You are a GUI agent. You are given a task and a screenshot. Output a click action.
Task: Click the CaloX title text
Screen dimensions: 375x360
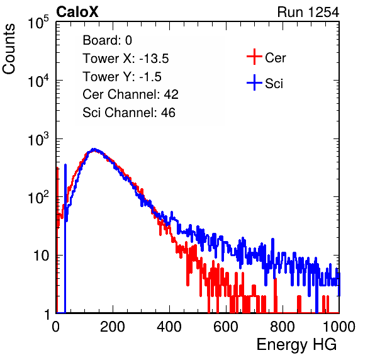pos(77,12)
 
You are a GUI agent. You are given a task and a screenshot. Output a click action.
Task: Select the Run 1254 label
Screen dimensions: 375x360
pos(308,12)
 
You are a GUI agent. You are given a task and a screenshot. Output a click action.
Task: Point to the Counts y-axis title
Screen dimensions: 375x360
pos(9,49)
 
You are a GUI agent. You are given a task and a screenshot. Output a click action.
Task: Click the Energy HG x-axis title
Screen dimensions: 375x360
pos(296,344)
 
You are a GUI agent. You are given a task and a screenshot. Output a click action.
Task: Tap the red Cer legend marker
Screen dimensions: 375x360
pos(254,57)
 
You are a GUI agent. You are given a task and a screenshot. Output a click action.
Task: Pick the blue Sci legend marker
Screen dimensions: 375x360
pos(254,82)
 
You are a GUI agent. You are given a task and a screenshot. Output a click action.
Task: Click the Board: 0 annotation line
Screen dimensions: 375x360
pos(107,40)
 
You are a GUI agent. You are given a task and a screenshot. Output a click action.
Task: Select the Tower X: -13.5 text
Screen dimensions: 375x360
pos(126,59)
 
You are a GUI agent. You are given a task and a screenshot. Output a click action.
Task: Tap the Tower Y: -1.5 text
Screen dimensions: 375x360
pos(122,77)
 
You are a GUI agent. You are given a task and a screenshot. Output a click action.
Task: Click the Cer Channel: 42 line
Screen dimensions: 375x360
pos(130,94)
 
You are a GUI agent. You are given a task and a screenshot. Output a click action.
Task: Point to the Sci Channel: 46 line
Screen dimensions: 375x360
pos(129,113)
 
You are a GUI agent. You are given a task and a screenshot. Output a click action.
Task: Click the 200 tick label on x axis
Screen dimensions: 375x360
pos(113,327)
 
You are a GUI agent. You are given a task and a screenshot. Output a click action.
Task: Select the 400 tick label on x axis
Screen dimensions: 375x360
pos(169,327)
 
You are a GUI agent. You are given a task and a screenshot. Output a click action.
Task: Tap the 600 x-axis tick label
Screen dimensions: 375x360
pos(226,327)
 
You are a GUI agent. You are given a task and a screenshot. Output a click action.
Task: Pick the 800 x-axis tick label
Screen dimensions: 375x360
pos(283,327)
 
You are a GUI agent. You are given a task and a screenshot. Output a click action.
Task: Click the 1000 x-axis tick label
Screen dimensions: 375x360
pos(339,327)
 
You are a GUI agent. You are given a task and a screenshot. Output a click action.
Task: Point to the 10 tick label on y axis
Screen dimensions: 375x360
pos(42,256)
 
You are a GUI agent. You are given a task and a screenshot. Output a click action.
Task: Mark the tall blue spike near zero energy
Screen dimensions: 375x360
pos(65,239)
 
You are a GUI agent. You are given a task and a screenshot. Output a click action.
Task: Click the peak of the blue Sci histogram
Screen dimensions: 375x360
pos(94,149)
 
